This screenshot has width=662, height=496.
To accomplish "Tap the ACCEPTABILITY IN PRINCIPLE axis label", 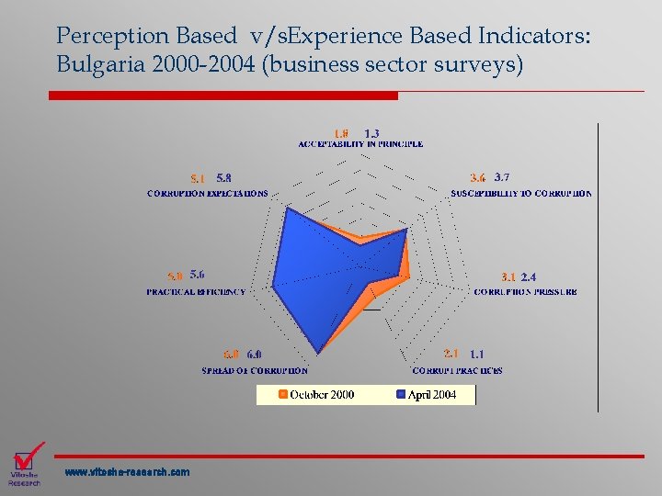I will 360,144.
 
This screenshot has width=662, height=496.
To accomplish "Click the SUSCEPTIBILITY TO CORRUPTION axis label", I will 520,194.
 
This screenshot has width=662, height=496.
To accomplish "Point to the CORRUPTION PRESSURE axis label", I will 525,292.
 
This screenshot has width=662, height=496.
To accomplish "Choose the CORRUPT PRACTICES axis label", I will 457,370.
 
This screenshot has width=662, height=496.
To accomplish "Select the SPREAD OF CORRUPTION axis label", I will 255,370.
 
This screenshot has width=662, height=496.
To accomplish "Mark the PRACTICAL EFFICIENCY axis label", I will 196,292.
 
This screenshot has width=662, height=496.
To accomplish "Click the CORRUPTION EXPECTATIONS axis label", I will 208,194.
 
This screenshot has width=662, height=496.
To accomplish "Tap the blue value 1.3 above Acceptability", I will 372,132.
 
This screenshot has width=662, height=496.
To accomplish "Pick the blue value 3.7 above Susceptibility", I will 502,177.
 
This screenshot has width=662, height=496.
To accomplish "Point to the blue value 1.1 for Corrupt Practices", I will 476,354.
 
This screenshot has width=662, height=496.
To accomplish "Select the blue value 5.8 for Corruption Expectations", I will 223,178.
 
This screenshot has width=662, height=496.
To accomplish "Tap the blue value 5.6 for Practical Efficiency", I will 198,275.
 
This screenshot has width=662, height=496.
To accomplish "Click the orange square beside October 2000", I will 282,395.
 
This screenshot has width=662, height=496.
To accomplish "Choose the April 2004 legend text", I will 431,395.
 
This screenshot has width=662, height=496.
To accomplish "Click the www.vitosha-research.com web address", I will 127,472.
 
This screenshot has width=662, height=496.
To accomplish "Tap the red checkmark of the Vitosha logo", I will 29,455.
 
